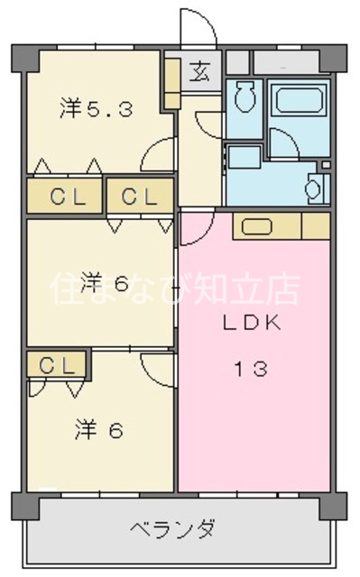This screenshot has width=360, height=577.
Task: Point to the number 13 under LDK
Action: tap(253, 369)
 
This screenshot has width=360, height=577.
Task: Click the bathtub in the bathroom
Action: tap(300, 99)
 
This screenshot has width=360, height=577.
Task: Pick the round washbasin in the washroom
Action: tap(313, 188)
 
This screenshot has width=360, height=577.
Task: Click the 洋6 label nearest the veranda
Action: tap(99, 430)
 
